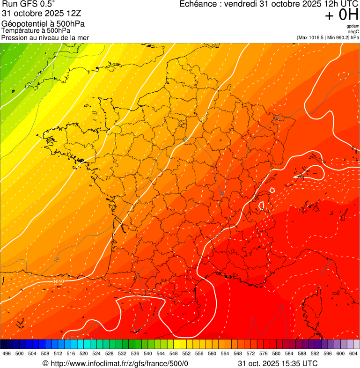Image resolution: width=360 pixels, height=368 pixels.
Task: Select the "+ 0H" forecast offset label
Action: (342, 15)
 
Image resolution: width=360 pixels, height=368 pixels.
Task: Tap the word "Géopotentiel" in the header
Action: (24, 24)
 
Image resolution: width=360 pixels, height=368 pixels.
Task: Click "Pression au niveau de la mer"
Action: (45, 37)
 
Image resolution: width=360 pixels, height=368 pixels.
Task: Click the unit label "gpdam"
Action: (353, 26)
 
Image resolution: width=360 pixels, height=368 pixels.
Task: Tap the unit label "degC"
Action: (353, 31)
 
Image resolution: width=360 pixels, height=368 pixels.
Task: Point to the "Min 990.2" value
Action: (339, 37)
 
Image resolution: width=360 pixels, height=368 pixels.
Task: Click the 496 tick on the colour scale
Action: (7, 353)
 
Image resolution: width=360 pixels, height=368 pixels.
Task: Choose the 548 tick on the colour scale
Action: (173, 353)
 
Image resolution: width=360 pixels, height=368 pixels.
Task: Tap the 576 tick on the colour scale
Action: (263, 353)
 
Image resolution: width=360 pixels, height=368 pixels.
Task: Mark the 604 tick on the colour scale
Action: (353, 353)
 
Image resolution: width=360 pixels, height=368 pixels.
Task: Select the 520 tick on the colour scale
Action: (83, 353)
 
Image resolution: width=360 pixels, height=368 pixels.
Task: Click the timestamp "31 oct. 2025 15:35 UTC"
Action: (278, 363)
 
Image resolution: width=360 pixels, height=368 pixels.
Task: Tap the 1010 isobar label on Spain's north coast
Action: (59, 281)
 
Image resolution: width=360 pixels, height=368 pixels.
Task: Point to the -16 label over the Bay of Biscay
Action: (56, 259)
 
